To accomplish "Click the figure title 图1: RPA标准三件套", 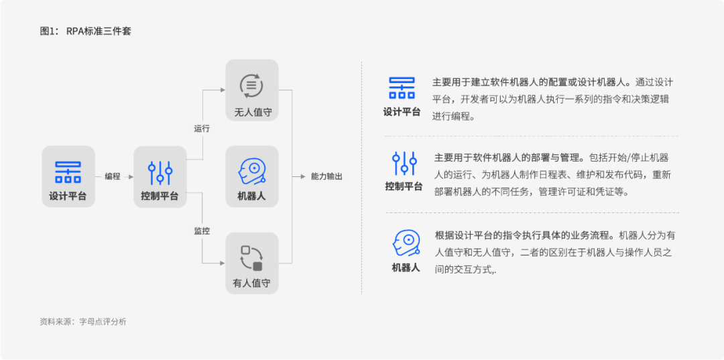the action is [86, 31].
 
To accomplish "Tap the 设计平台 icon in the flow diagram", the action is [68, 172].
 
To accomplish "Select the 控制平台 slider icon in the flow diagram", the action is [160, 173].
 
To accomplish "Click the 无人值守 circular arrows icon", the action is [251, 85].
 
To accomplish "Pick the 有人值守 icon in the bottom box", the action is [251, 258].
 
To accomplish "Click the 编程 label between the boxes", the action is [113, 176].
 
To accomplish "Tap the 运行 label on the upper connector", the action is [202, 128].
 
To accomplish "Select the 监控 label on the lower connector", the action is [202, 231].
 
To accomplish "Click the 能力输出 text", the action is [326, 176].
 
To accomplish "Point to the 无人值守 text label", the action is [252, 112].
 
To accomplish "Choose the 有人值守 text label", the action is [251, 284].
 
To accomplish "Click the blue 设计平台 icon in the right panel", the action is [402, 88].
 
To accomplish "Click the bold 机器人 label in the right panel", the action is [406, 268].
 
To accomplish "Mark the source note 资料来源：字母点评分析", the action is [83, 322].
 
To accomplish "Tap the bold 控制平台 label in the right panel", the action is [404, 186].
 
